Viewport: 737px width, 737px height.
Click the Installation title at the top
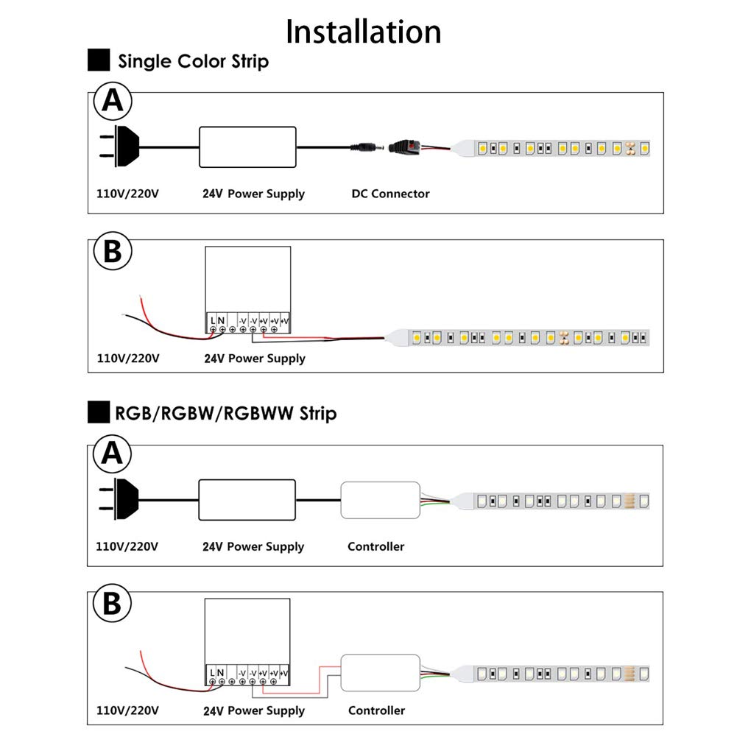tap(363, 32)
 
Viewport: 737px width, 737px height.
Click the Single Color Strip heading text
tap(193, 62)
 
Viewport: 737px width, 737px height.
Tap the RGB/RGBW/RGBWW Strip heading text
tap(225, 414)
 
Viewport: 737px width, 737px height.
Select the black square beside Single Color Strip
tap(99, 60)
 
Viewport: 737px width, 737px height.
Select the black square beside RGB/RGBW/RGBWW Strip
tap(99, 412)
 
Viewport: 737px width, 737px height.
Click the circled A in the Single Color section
tap(113, 101)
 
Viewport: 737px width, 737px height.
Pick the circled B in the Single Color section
tap(113, 251)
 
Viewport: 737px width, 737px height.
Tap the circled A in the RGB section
tap(113, 454)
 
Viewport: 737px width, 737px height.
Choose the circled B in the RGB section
tap(113, 603)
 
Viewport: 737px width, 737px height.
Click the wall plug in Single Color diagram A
tap(119, 146)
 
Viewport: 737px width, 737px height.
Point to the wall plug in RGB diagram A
tap(119, 498)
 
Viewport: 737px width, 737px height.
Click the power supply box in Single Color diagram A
tap(247, 147)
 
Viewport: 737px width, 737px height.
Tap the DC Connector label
tap(391, 194)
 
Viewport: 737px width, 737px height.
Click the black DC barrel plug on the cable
tap(367, 147)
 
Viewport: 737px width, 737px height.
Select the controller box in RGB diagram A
tap(380, 500)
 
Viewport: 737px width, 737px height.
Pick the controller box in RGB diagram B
tap(380, 673)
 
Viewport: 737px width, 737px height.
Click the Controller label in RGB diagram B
tap(376, 710)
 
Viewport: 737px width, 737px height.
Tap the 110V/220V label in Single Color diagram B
tap(128, 358)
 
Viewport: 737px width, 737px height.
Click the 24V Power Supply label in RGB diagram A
tap(253, 546)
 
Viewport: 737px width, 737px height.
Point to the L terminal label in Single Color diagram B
tap(213, 321)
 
